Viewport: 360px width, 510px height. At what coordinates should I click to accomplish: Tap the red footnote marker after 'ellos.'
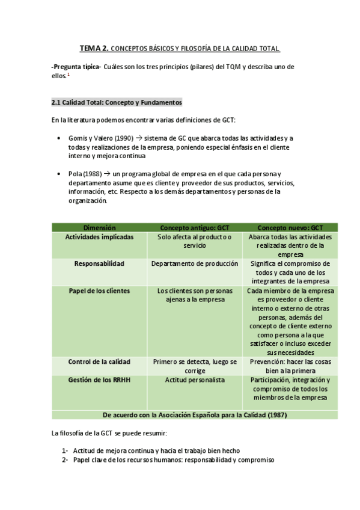(x=69, y=75)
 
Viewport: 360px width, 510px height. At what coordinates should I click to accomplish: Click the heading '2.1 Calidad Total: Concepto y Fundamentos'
(x=117, y=102)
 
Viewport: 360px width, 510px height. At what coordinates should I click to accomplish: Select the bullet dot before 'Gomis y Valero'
(x=58, y=138)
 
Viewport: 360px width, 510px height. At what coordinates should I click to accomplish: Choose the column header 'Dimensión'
(x=99, y=228)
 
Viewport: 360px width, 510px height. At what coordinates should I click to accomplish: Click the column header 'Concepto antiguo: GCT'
(x=195, y=228)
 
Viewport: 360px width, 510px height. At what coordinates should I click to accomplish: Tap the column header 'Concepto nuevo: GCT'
(x=290, y=228)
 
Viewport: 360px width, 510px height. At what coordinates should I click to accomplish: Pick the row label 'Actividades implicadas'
(x=99, y=236)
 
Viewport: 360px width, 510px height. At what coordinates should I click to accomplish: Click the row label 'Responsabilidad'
(x=99, y=263)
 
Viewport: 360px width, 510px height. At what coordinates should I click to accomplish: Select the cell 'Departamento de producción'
(x=195, y=263)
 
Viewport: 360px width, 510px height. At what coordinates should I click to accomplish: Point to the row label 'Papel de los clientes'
(x=99, y=290)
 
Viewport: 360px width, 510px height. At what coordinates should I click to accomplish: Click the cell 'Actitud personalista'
(x=195, y=380)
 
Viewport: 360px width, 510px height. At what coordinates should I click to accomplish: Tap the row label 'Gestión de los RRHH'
(x=99, y=380)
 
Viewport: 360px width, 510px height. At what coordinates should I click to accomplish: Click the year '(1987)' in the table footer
(x=275, y=414)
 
